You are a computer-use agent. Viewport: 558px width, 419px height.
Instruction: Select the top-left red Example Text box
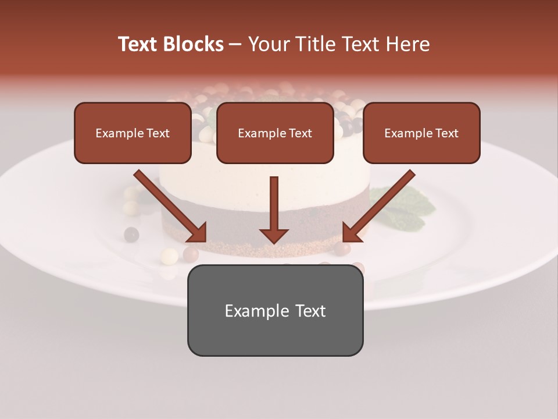[133, 133]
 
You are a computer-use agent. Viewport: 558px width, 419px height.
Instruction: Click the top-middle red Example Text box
[275, 133]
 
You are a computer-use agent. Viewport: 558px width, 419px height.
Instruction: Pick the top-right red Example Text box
[421, 133]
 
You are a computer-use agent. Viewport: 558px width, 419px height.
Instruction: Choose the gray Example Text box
[275, 310]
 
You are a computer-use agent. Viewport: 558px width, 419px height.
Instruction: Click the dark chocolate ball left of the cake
[131, 235]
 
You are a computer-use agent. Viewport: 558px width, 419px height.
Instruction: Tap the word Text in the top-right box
[446, 133]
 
